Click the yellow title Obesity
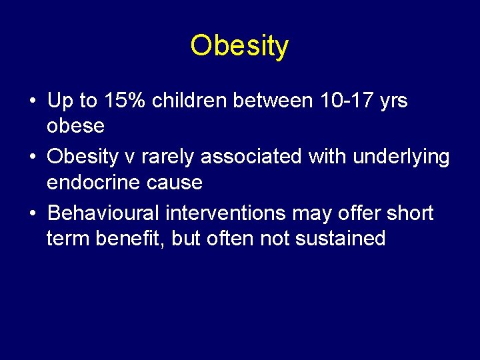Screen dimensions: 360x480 click(239, 46)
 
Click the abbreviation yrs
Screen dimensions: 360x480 click(392, 101)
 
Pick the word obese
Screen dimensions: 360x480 click(75, 125)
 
